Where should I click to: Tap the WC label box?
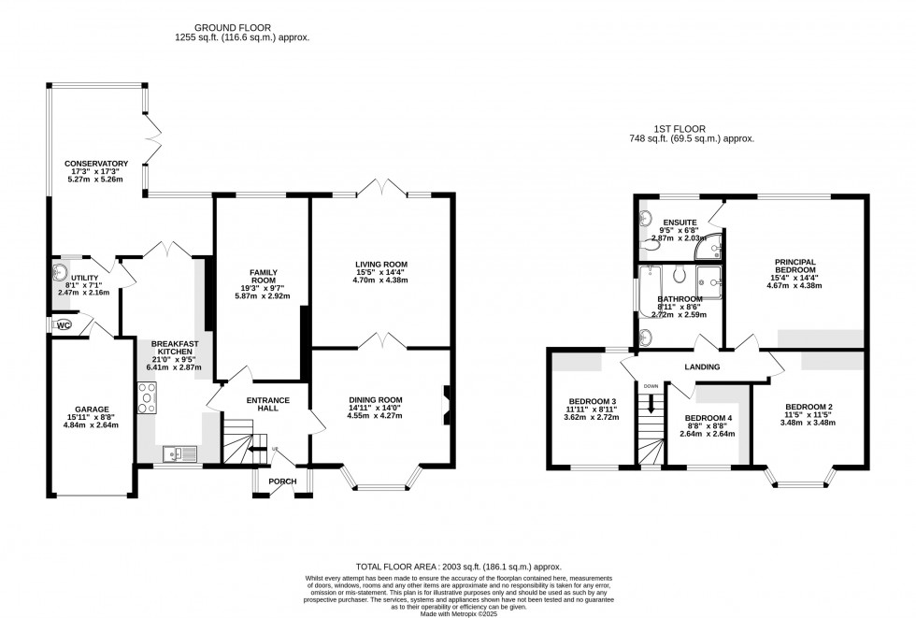[x=64, y=325]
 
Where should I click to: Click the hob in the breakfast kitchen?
[x=149, y=403]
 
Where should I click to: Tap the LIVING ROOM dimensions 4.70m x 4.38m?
[x=379, y=280]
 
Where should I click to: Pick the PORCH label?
[x=282, y=481]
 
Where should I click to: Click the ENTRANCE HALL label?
[x=268, y=405]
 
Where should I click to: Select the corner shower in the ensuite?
[x=714, y=245]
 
